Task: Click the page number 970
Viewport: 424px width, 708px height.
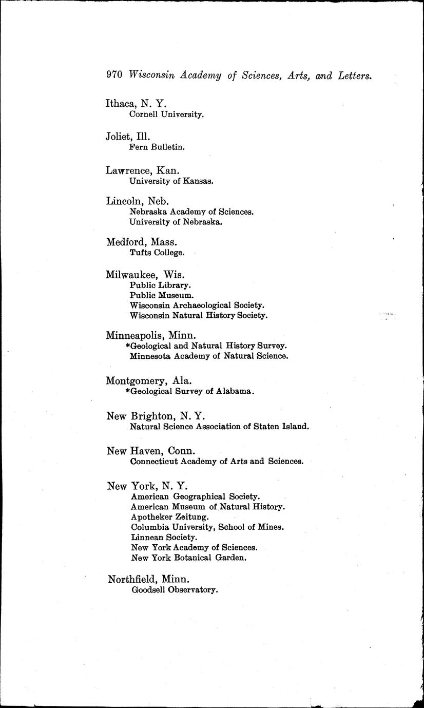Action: click(114, 74)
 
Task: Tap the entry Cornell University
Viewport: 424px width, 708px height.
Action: click(166, 114)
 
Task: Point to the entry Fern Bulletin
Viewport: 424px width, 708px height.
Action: click(157, 147)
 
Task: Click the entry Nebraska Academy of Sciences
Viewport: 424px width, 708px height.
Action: click(191, 212)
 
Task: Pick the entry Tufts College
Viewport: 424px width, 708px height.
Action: click(157, 253)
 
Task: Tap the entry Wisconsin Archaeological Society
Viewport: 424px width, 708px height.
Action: click(197, 305)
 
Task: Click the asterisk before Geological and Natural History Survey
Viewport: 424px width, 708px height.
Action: click(127, 346)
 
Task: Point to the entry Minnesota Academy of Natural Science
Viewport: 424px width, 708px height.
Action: click(209, 356)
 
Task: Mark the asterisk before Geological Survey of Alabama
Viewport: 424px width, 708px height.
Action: click(127, 391)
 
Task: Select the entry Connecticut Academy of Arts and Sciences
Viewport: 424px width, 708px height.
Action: click(217, 461)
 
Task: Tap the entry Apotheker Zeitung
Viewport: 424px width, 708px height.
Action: click(169, 516)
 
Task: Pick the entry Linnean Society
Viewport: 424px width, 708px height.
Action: click(164, 537)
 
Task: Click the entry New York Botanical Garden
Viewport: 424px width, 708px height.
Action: click(188, 558)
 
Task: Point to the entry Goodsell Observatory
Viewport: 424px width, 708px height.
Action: click(175, 590)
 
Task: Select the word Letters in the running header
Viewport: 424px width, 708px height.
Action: click(354, 75)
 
